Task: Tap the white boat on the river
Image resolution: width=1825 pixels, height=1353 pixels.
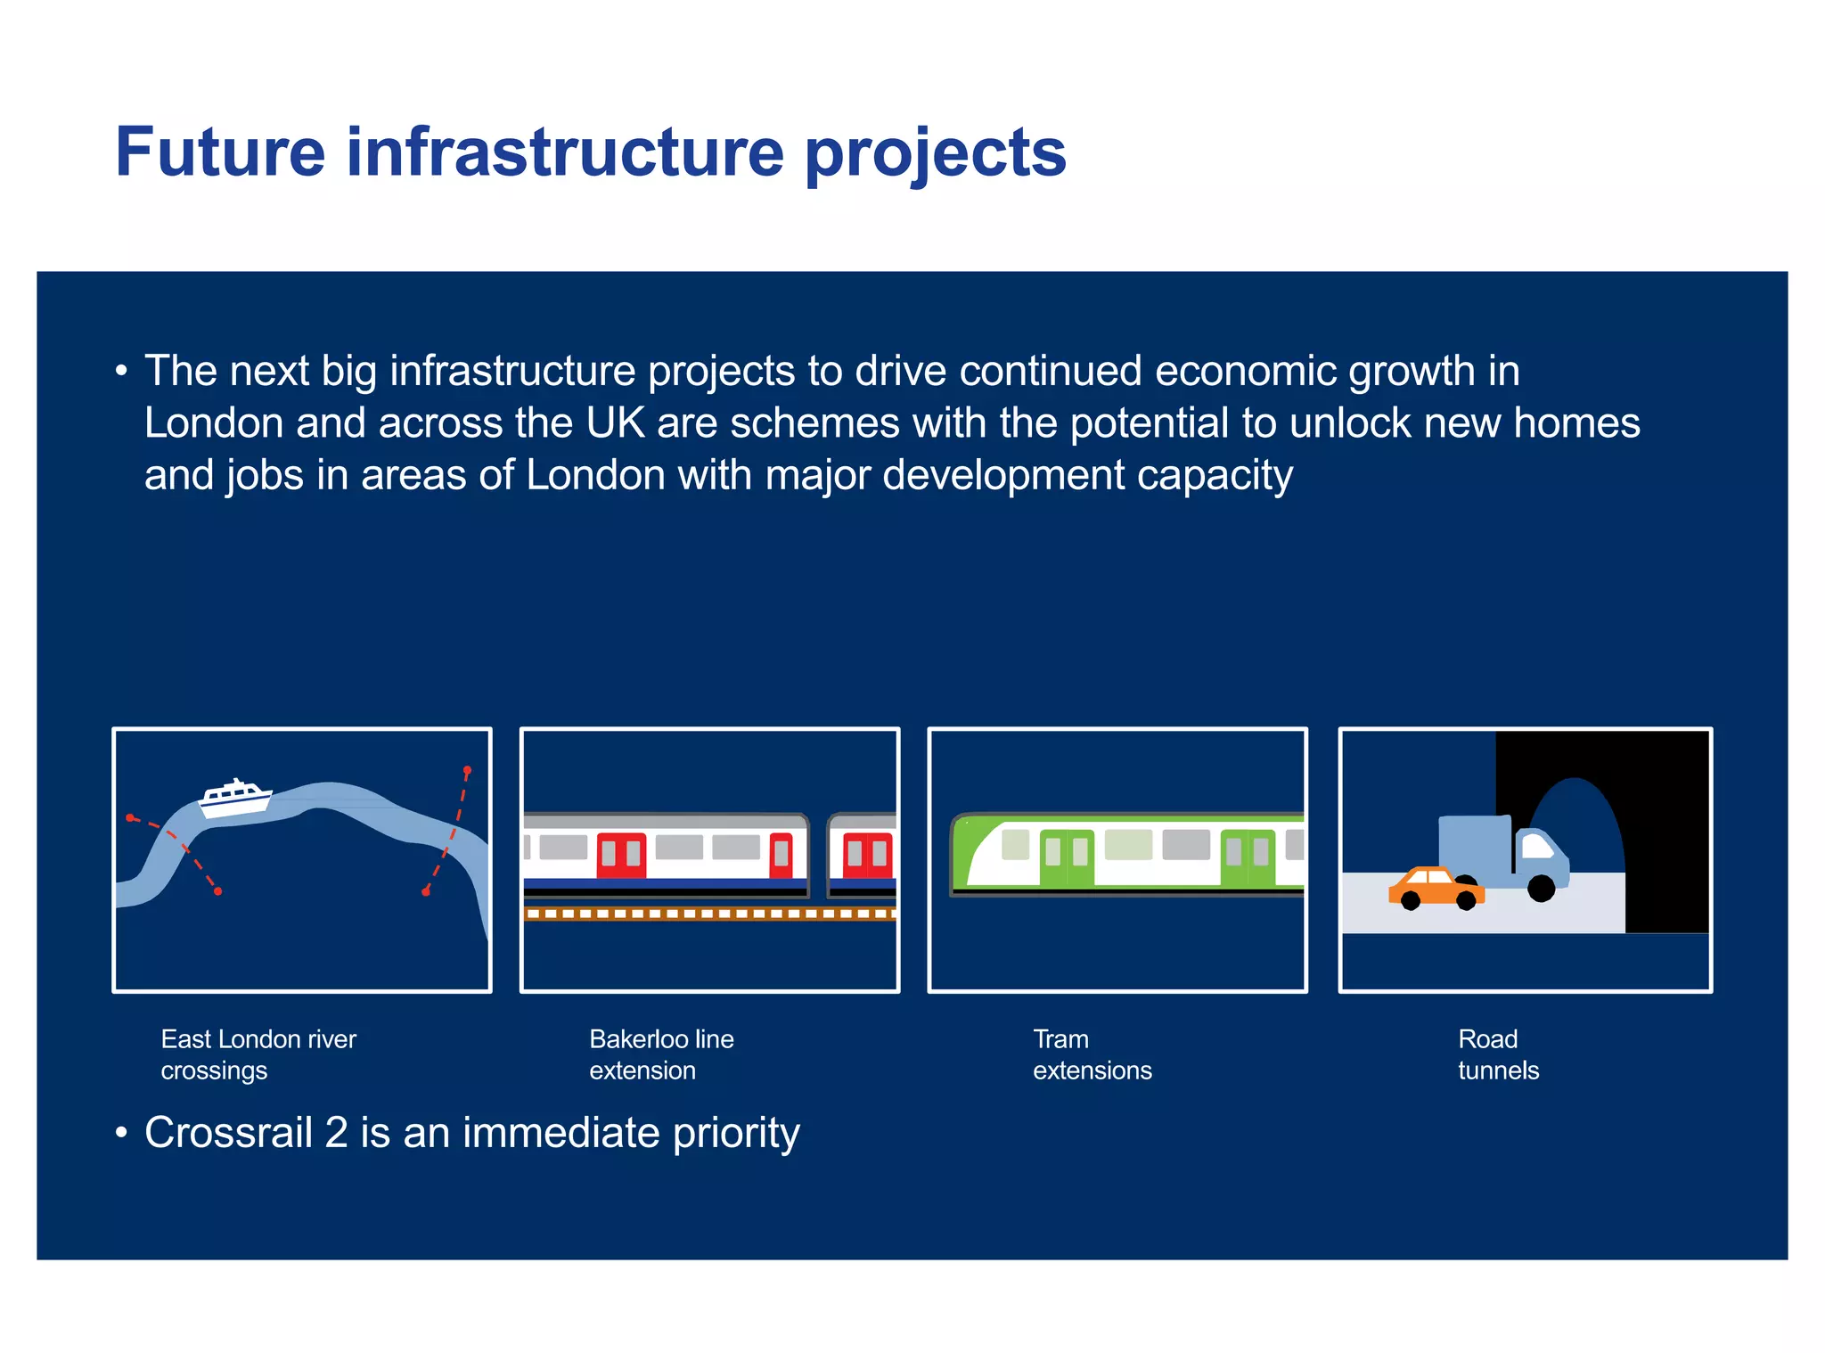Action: (x=234, y=798)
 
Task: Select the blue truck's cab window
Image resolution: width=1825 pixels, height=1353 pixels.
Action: (x=1536, y=844)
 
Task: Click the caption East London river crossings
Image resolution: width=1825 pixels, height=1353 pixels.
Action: (x=258, y=1054)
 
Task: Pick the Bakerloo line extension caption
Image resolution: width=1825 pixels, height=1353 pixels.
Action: (x=660, y=1054)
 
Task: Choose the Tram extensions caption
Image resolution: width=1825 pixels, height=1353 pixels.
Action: (x=1091, y=1054)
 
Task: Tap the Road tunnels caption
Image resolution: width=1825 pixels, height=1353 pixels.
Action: (x=1497, y=1054)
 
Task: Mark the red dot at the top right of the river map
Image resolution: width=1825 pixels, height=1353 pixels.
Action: (x=467, y=770)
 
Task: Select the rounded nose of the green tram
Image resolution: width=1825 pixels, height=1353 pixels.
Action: (x=970, y=851)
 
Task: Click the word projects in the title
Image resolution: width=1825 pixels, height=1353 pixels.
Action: (x=935, y=154)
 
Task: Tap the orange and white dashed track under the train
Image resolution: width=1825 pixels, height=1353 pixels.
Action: (x=709, y=914)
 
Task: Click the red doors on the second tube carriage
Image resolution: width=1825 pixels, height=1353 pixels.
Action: (x=866, y=854)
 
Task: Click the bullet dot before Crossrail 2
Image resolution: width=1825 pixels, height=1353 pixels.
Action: (x=122, y=1134)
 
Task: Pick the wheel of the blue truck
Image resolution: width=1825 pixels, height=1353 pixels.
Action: (x=1541, y=888)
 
